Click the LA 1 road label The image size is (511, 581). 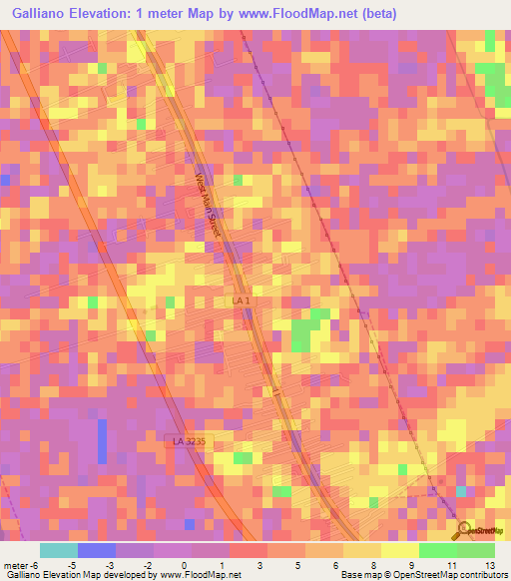tap(241, 300)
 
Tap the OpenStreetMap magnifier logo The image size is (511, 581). tap(461, 529)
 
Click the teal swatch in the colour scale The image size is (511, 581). tap(59, 550)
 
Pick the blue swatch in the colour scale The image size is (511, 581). tap(97, 550)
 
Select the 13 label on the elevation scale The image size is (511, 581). tap(489, 564)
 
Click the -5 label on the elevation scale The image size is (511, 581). tap(71, 564)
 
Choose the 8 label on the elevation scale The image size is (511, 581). tap(374, 564)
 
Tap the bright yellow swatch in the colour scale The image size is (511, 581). tap(400, 550)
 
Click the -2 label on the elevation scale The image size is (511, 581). tap(147, 564)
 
